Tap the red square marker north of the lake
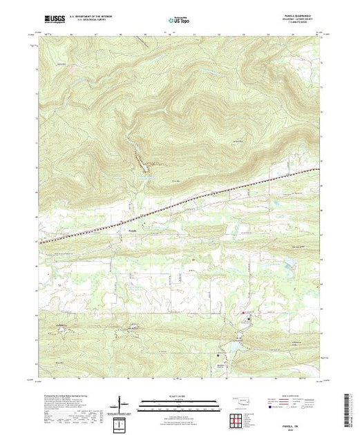[x=243, y=313]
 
